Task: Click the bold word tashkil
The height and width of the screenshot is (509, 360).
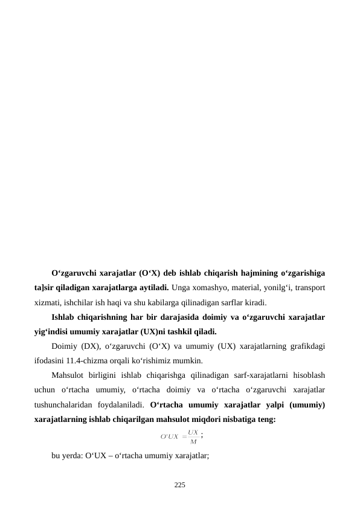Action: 171,331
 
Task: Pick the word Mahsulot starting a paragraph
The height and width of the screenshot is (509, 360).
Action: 69,375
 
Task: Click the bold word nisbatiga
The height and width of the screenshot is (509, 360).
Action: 238,418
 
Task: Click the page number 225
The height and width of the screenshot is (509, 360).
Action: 180,485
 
